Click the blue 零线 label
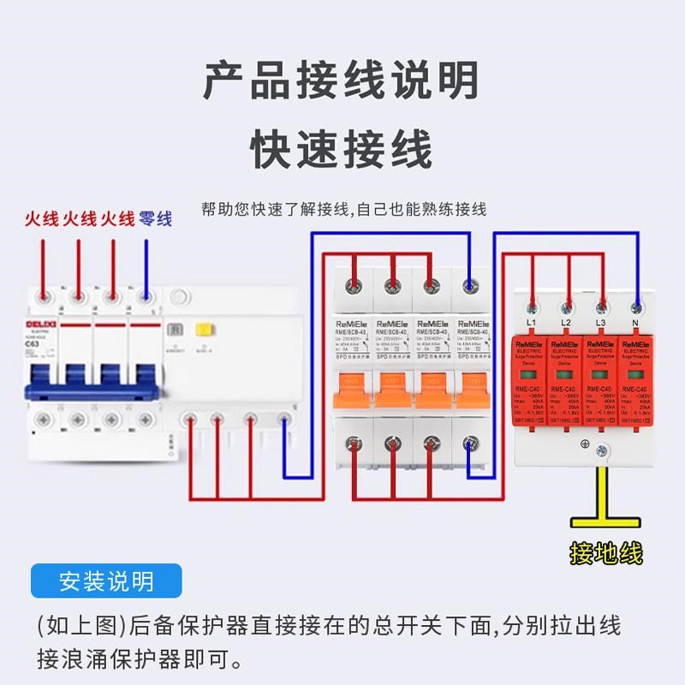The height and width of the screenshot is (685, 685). click(x=155, y=219)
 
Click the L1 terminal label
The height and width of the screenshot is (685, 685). click(x=530, y=322)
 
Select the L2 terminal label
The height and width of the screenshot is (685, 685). click(x=566, y=322)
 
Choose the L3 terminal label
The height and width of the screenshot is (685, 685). click(x=601, y=322)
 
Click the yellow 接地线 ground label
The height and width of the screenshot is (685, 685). click(x=605, y=554)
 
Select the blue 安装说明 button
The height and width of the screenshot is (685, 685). click(x=107, y=581)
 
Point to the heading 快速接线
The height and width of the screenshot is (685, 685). click(x=342, y=151)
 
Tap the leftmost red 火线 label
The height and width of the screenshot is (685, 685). click(x=41, y=219)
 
